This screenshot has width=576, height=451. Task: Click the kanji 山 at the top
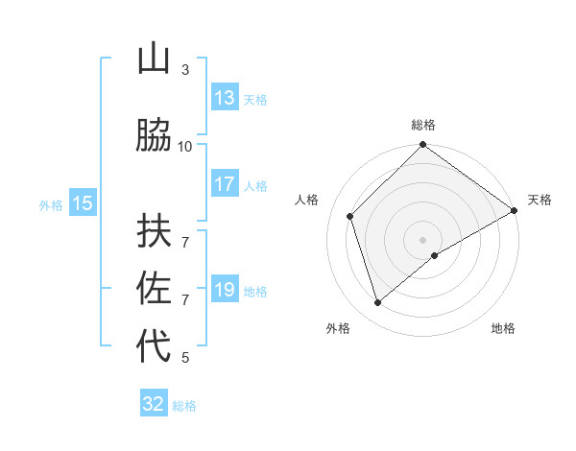point(155,59)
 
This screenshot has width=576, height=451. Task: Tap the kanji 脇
point(155,135)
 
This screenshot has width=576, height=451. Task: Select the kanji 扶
point(155,229)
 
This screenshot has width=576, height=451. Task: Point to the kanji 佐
point(155,289)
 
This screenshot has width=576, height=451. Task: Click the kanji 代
point(155,347)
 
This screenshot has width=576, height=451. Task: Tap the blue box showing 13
point(225,98)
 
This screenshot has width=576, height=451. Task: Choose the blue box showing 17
point(225,185)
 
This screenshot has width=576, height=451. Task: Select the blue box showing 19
point(225,290)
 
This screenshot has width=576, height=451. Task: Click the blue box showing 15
point(83,203)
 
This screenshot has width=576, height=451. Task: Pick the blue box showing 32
point(154,404)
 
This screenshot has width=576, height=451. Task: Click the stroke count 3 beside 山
point(185,70)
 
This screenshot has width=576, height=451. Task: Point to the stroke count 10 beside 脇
point(185,147)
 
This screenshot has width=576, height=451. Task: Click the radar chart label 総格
point(423,125)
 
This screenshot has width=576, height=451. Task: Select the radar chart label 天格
point(540,200)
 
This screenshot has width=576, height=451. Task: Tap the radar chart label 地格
point(503,329)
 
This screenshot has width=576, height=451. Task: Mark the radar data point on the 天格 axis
point(515,210)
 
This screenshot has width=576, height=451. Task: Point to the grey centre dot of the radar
point(423,239)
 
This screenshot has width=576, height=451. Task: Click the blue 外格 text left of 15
point(51,204)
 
